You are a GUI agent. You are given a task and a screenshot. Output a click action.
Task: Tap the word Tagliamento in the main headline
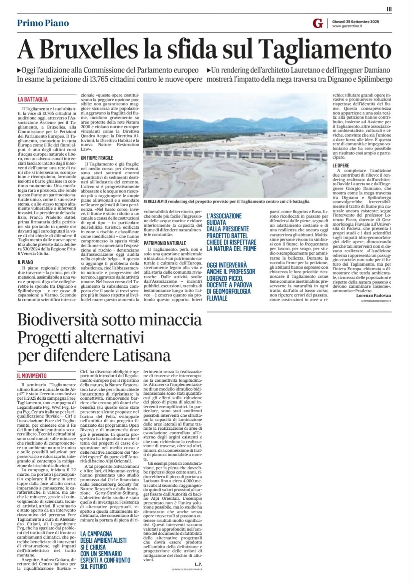[x=325, y=49]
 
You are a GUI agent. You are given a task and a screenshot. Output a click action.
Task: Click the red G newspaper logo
[x=317, y=24]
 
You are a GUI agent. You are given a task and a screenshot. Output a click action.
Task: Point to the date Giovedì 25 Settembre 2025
[x=355, y=21]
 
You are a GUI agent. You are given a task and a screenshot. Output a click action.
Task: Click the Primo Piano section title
[x=43, y=23]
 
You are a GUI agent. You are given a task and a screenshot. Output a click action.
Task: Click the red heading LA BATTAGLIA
[x=33, y=99]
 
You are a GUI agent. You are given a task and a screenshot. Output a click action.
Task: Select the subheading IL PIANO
[x=25, y=262]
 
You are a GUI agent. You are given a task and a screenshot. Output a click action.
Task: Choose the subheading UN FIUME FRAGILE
[x=97, y=158]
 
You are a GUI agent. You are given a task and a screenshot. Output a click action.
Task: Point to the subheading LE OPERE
[x=341, y=166]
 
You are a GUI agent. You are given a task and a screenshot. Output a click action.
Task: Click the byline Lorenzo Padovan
[x=373, y=295]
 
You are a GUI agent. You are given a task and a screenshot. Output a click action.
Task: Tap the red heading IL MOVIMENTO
[x=32, y=376]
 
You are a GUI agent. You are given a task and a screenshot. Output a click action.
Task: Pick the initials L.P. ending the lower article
[x=198, y=564]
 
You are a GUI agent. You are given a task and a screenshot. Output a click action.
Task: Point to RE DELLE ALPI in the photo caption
[x=153, y=201]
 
